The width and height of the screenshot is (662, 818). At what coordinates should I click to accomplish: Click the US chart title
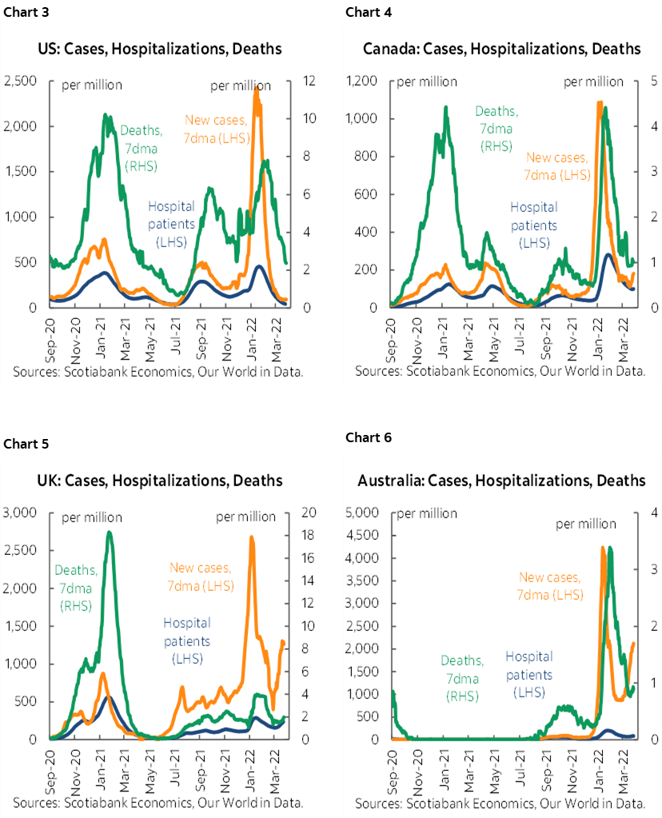(x=160, y=49)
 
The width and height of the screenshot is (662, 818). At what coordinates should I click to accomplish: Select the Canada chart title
(x=501, y=49)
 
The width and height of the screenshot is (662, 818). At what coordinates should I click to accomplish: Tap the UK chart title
(x=160, y=481)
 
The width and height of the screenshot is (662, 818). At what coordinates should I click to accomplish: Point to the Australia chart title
(x=501, y=481)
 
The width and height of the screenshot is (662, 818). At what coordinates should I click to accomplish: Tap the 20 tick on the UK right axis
(x=308, y=513)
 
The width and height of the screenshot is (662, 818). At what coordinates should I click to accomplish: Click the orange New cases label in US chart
(x=217, y=129)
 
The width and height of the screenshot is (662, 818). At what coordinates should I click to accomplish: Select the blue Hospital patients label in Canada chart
(x=533, y=225)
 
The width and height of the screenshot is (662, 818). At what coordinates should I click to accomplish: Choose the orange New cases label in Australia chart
(x=551, y=585)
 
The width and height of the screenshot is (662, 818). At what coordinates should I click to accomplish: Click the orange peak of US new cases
(x=256, y=88)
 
